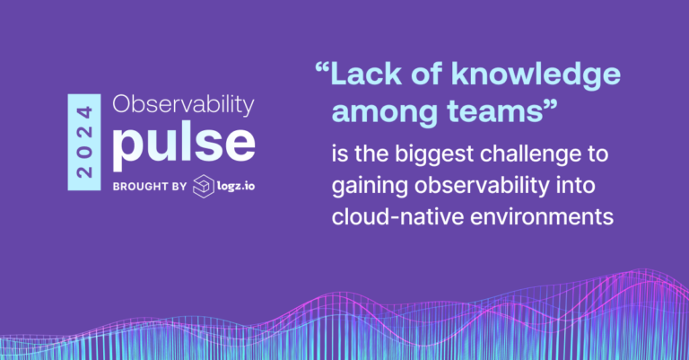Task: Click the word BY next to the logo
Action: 177,187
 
